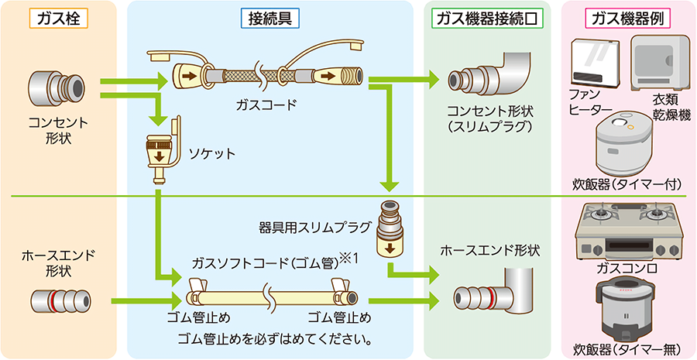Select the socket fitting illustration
click(x=160, y=152)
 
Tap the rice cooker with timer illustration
click(x=628, y=144)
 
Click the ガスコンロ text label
click(x=627, y=268)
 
